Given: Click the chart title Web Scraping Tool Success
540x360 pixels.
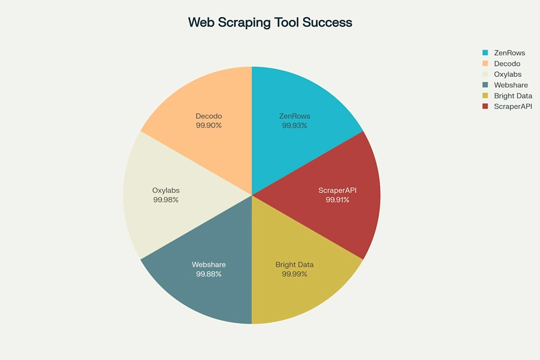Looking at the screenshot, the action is coord(270,22).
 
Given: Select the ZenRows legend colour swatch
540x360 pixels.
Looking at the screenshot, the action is coord(485,53).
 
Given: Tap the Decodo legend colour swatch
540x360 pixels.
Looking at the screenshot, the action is coord(485,64).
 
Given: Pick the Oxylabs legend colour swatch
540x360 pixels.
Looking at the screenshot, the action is coord(485,75).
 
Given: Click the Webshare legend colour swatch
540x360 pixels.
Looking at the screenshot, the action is coord(485,85).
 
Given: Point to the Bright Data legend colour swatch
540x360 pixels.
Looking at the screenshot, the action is coord(485,96).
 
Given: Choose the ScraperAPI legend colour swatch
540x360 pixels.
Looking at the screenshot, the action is coord(485,106).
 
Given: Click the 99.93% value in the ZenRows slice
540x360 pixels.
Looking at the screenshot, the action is coord(294,125).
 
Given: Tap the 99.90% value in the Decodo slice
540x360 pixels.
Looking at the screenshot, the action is coord(209,125).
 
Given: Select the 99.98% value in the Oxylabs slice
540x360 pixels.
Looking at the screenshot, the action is coord(166,200).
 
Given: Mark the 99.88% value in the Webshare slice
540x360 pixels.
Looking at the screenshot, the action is coord(209,274).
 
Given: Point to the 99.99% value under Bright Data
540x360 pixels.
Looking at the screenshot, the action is coord(294,274).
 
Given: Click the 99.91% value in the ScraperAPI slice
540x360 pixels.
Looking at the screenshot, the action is coord(337,200).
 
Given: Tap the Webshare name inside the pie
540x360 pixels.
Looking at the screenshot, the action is coord(209,265).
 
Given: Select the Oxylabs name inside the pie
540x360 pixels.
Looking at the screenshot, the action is coord(166,191).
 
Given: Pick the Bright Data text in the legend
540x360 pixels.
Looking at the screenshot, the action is coord(513,96).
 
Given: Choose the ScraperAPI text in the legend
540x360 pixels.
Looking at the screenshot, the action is coord(513,106).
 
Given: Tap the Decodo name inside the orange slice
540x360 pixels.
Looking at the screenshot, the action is coord(209,116).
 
